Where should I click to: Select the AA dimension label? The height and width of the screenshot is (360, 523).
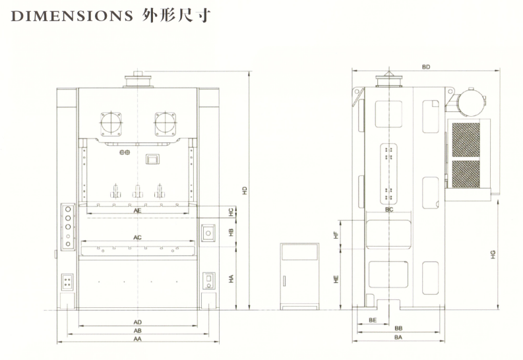click(137, 338)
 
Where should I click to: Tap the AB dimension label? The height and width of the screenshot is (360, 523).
click(137, 330)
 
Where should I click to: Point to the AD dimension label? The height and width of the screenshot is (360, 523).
click(137, 322)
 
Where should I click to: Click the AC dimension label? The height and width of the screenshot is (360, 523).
click(137, 237)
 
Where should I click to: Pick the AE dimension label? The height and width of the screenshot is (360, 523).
click(137, 211)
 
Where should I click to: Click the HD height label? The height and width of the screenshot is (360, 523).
click(244, 190)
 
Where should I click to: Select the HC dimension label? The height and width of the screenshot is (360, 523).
click(231, 212)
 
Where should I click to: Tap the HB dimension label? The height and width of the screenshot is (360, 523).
click(231, 232)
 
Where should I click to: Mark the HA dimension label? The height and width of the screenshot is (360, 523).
click(231, 279)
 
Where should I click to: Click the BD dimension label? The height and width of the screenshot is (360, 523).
click(425, 67)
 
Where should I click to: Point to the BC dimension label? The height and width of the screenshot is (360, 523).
click(389, 209)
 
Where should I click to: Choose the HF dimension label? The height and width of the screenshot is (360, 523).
click(336, 234)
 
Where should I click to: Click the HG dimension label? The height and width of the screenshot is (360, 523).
click(493, 254)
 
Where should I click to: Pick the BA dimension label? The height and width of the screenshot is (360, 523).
click(398, 337)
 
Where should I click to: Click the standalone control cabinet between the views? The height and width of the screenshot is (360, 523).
click(299, 276)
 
